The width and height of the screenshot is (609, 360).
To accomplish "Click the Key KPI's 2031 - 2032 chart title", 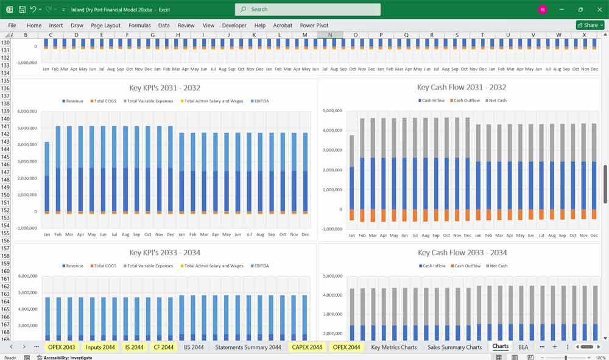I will click(x=164, y=88).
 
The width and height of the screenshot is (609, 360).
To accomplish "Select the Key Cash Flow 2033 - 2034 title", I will click(x=462, y=253).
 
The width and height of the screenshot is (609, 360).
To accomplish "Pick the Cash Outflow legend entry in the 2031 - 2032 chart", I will click(x=466, y=101).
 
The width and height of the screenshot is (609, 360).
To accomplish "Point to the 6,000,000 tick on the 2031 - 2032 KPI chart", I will click(x=27, y=111).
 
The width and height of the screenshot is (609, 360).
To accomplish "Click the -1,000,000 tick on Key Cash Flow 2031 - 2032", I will click(x=331, y=229).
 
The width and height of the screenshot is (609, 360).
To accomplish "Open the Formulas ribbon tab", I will click(x=139, y=26).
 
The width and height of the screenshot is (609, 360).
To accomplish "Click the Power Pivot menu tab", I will click(x=314, y=26).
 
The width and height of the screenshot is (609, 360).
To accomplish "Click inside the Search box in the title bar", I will click(x=308, y=10).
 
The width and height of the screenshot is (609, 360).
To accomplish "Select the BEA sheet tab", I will click(x=523, y=347).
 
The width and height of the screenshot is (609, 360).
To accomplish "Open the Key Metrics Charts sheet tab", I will click(x=393, y=347).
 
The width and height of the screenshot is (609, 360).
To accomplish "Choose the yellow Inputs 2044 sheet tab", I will click(x=100, y=347).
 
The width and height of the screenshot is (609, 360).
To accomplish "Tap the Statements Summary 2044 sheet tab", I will click(x=248, y=347).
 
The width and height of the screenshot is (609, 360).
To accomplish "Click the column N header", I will click(x=330, y=35).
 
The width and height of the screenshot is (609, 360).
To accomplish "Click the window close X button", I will click(x=599, y=10).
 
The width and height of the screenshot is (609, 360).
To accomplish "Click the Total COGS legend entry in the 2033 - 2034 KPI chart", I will click(x=107, y=266).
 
